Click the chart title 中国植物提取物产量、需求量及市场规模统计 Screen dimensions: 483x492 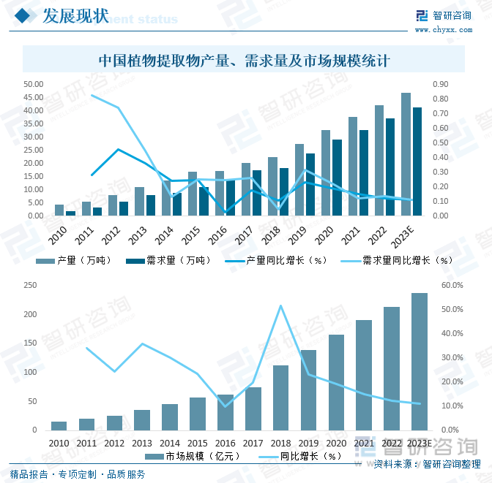point(245,61)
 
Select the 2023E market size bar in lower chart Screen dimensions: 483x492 point(419,362)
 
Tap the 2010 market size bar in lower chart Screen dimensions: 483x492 point(59,425)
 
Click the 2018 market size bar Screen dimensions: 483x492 point(281,398)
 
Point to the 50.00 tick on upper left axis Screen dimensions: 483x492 point(34,84)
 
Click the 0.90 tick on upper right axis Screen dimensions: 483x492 point(440,84)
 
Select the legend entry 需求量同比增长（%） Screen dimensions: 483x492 point(399,259)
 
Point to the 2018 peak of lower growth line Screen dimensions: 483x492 point(280,305)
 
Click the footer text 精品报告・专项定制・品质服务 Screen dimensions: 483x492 point(78,474)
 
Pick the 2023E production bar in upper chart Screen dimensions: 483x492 point(406,154)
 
